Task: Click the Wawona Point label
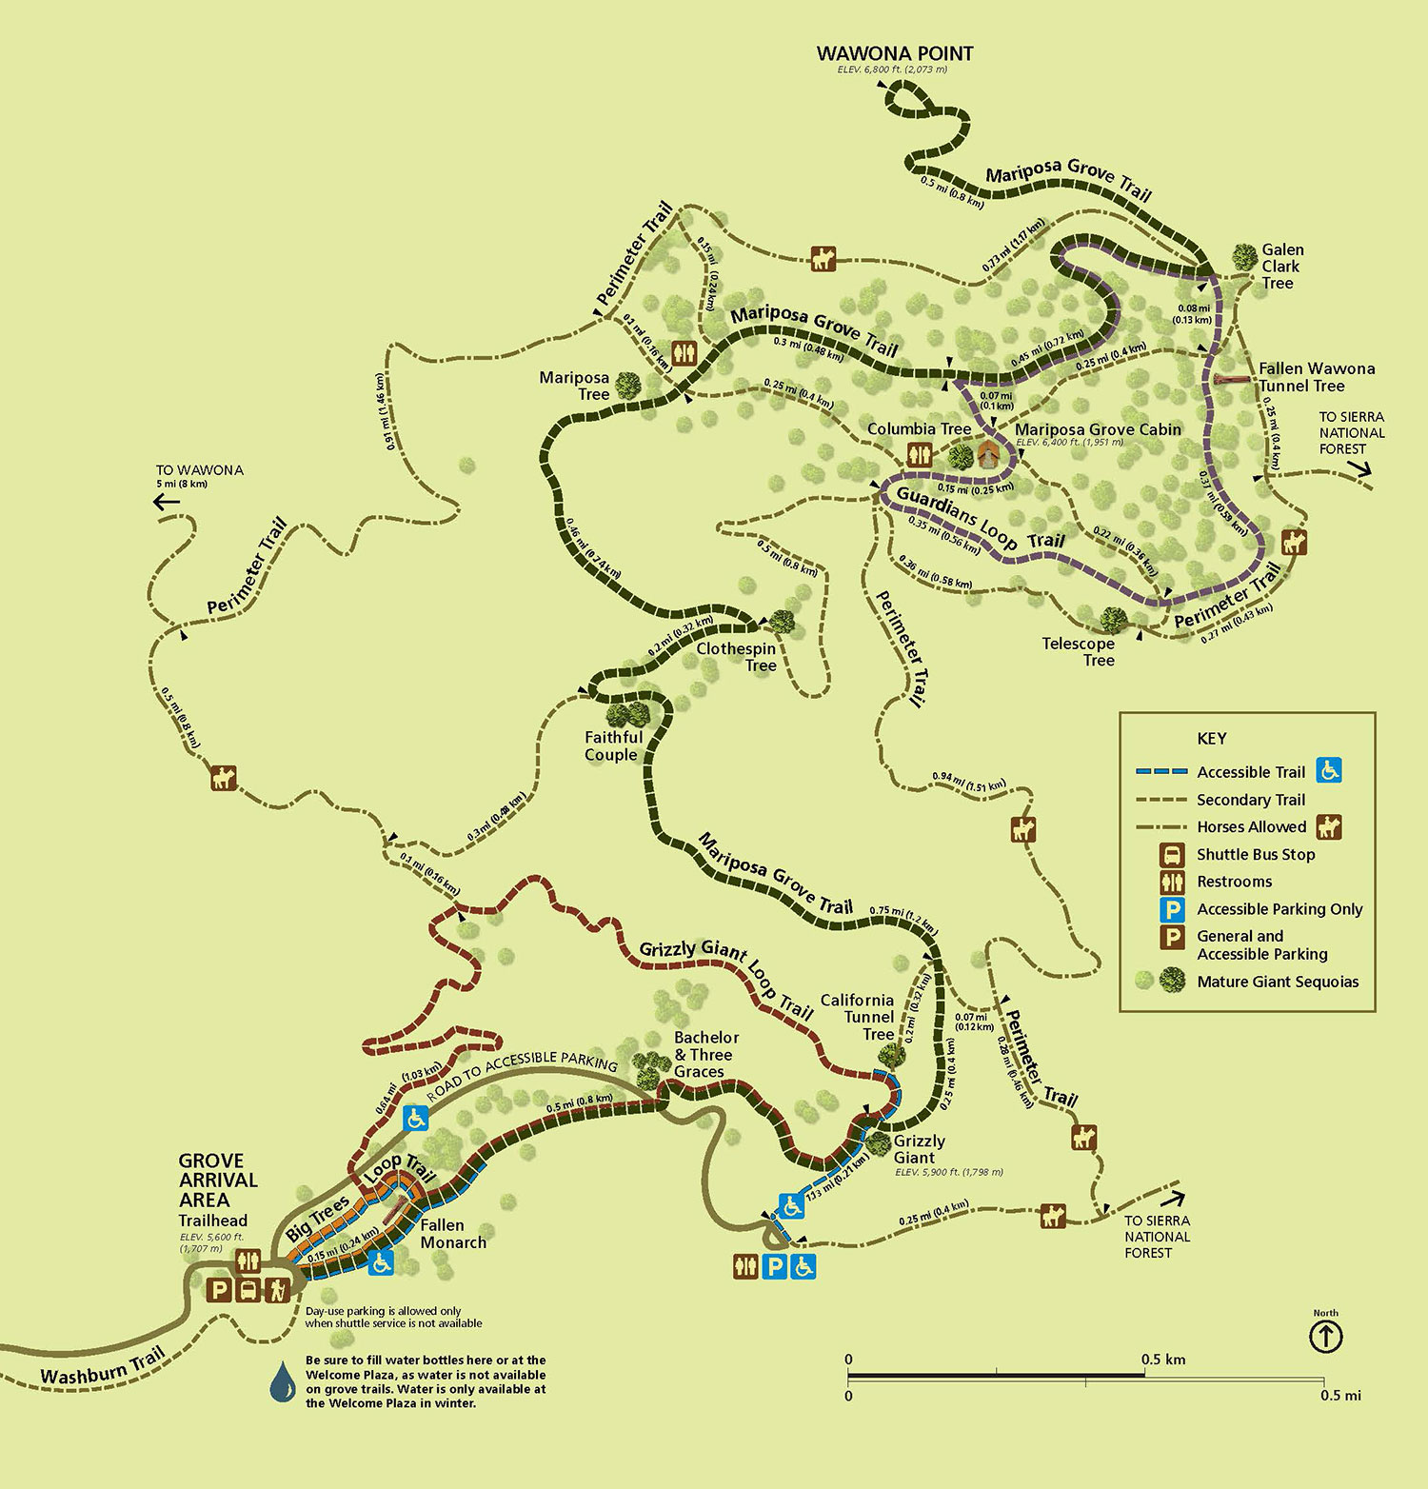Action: pos(895,54)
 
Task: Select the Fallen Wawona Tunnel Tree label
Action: pos(1316,377)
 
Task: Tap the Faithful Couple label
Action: pos(612,746)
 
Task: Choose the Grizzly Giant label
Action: pos(919,1149)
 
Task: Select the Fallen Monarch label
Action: pos(452,1234)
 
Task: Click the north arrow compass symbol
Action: pos(1326,1337)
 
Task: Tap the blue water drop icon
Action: pos(283,1382)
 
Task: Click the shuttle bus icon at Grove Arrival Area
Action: pos(248,1290)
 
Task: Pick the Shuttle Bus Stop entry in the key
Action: pos(1255,855)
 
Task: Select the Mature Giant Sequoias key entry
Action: pos(1277,982)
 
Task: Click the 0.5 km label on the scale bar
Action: pos(1163,1360)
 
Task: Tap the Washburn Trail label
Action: pos(103,1366)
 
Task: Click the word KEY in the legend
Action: pos(1211,739)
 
